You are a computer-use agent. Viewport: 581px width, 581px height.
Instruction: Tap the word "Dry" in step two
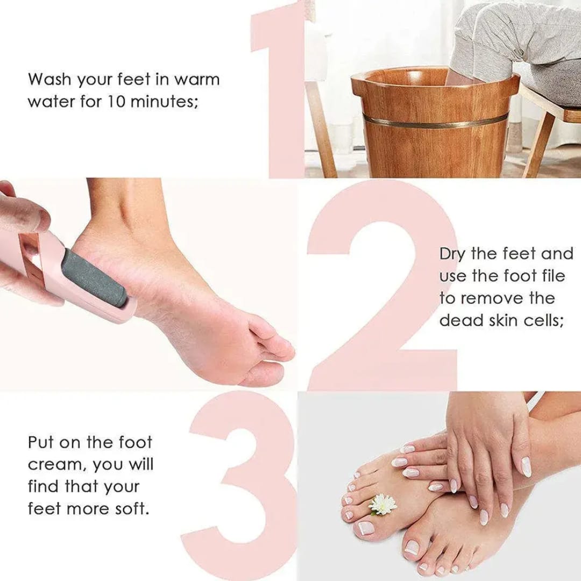click(x=451, y=254)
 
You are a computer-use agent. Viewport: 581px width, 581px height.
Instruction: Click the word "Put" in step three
click(x=42, y=443)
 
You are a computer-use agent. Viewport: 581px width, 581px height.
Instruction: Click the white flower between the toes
click(x=382, y=504)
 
